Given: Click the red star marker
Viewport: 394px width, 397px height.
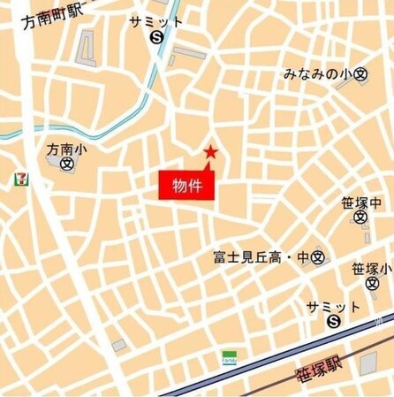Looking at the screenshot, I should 210,152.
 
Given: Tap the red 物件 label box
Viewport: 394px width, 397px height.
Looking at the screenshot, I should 187,187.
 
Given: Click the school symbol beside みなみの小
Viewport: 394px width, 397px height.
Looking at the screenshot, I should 360,76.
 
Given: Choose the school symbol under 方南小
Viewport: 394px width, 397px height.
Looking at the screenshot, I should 67,164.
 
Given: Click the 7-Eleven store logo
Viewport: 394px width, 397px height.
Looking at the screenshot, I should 19,179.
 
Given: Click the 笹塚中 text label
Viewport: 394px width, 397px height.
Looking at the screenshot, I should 360,202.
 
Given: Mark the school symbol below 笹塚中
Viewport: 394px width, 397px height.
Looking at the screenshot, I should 360,218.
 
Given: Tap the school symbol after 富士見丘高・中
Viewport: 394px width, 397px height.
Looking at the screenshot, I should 318,258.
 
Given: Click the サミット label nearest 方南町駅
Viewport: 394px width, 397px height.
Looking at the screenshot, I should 156,21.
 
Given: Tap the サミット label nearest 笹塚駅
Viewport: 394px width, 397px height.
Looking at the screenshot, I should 333,307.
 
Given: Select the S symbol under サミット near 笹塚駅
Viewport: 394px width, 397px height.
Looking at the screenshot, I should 333,323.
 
